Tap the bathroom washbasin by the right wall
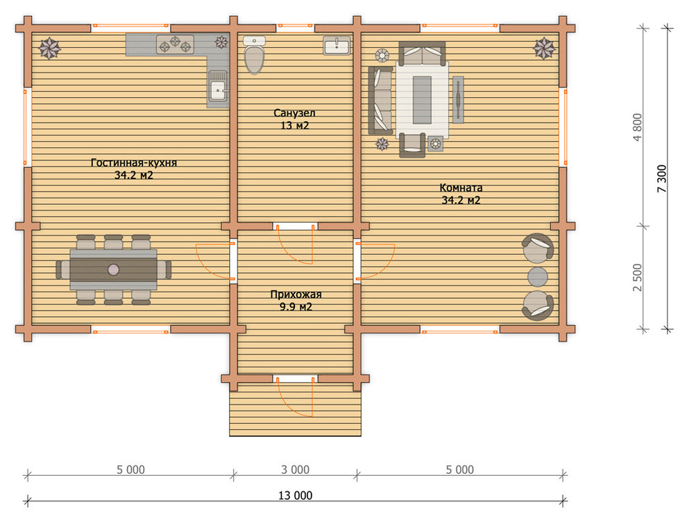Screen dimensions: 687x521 pyautogui.click(x=337, y=46)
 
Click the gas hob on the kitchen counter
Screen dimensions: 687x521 pyautogui.click(x=176, y=44)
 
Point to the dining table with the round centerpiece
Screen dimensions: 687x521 pyautogui.click(x=114, y=270)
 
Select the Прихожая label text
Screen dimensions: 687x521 pyautogui.click(x=296, y=295)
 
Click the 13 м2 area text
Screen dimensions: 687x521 pyautogui.click(x=294, y=126)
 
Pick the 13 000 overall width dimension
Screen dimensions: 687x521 pyautogui.click(x=296, y=495)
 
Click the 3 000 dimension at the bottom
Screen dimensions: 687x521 pyautogui.click(x=296, y=470)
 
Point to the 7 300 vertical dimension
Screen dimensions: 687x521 pyautogui.click(x=661, y=179)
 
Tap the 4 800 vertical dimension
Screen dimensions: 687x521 pyautogui.click(x=638, y=127)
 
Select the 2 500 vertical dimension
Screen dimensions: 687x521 pyautogui.click(x=638, y=277)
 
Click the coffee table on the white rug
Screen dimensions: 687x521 pyautogui.click(x=422, y=100)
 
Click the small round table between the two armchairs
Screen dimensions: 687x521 pyautogui.click(x=538, y=276)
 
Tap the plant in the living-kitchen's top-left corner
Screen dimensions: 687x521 pyautogui.click(x=49, y=48)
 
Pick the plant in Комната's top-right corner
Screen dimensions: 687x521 pyautogui.click(x=545, y=48)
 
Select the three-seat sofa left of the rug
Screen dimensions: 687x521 pyautogui.click(x=380, y=100)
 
